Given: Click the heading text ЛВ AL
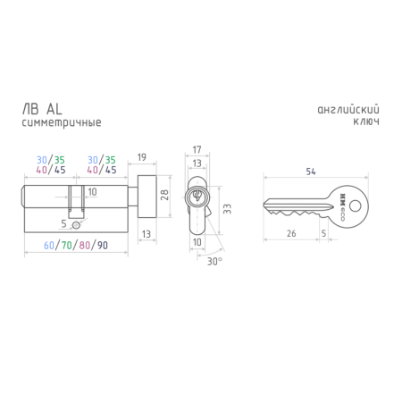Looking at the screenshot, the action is point(42,109).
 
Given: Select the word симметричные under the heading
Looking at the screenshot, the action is point(62,122).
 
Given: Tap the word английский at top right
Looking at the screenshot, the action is point(348,110).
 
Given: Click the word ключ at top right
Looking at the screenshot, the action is point(366,121).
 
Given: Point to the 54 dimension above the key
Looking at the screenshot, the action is point(311,172).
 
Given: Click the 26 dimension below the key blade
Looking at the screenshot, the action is point(291,233).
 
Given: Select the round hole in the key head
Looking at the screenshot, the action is point(355,205).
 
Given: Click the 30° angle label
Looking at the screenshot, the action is point(214,262).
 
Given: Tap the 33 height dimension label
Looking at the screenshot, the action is point(227,209).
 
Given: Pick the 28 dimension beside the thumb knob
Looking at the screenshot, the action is point(164,195).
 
